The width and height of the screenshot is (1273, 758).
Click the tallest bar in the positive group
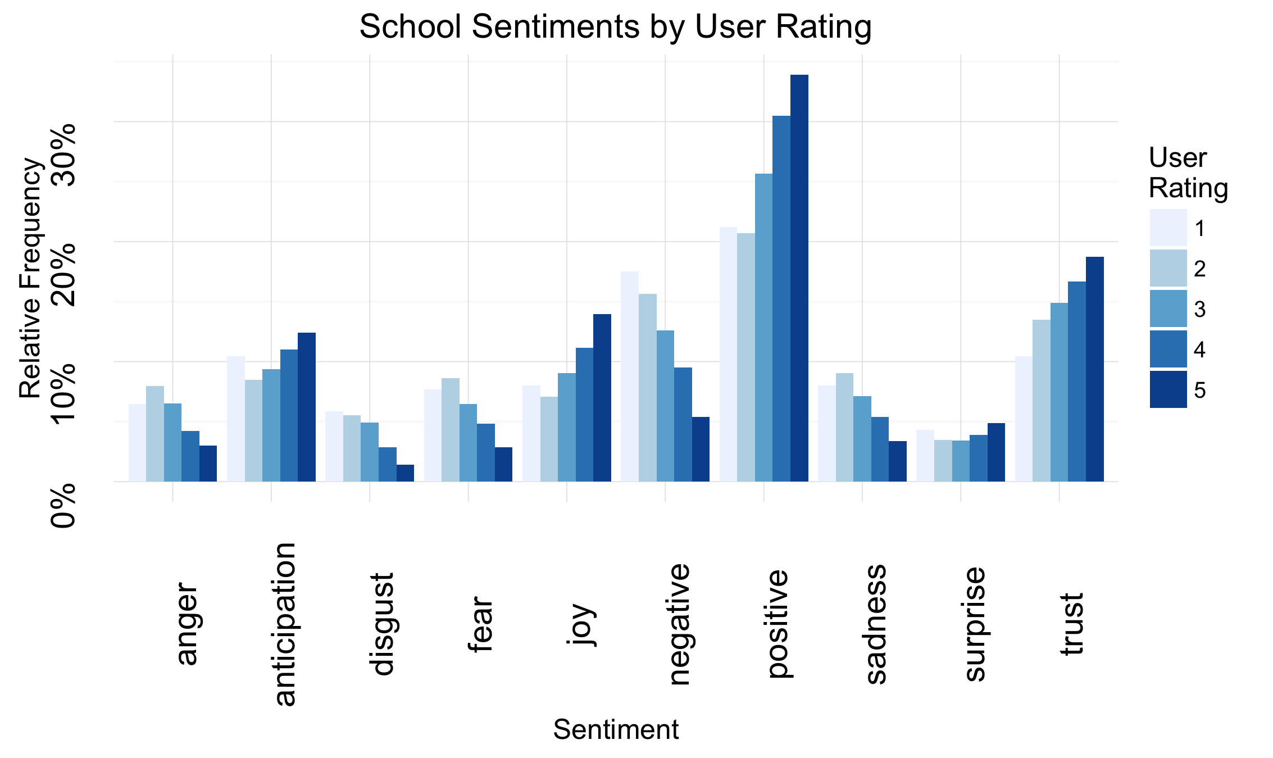799,278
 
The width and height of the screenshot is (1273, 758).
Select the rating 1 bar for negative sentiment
629,376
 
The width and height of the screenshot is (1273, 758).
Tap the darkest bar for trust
1094,369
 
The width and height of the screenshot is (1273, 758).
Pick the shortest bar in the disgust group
405,473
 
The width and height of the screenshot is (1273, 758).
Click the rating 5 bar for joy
602,398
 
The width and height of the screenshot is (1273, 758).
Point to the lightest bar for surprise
925,456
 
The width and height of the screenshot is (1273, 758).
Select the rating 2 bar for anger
155,434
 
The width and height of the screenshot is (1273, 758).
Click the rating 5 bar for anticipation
307,407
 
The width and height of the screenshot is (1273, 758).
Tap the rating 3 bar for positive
763,328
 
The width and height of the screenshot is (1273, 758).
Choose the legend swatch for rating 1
1168,228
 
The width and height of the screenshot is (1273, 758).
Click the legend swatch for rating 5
1168,389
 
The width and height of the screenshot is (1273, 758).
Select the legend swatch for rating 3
1168,308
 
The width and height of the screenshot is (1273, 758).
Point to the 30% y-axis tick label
63,154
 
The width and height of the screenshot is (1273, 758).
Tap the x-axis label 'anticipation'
285,624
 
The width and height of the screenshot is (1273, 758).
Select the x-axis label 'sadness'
875,624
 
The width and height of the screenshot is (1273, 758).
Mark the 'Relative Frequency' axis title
30,279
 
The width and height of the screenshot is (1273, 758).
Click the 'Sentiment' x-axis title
616,730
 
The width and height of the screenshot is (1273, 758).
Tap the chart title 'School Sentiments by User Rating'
615,26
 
